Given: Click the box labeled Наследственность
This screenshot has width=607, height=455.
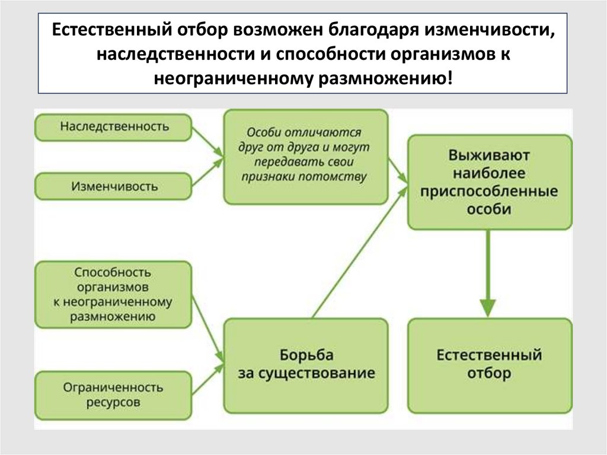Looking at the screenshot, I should pyautogui.click(x=114, y=126).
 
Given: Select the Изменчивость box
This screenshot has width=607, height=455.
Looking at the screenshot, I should pyautogui.click(x=114, y=186).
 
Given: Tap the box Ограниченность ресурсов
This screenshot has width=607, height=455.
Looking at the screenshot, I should pyautogui.click(x=114, y=394).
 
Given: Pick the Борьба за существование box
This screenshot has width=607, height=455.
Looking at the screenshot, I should pyautogui.click(x=306, y=365).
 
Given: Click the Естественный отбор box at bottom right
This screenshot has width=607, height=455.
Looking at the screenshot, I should pyautogui.click(x=490, y=365).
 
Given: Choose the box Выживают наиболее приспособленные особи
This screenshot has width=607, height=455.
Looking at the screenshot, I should pyautogui.click(x=490, y=182).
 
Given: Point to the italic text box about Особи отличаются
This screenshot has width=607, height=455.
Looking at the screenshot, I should pyautogui.click(x=306, y=157).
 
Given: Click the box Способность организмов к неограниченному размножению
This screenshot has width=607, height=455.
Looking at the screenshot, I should pyautogui.click(x=114, y=294).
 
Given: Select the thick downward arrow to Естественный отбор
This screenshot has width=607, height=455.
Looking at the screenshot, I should pyautogui.click(x=487, y=273).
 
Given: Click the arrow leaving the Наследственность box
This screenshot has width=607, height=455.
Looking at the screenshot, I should pyautogui.click(x=208, y=141).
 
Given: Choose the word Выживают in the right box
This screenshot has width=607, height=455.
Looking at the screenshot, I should pyautogui.click(x=489, y=156).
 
